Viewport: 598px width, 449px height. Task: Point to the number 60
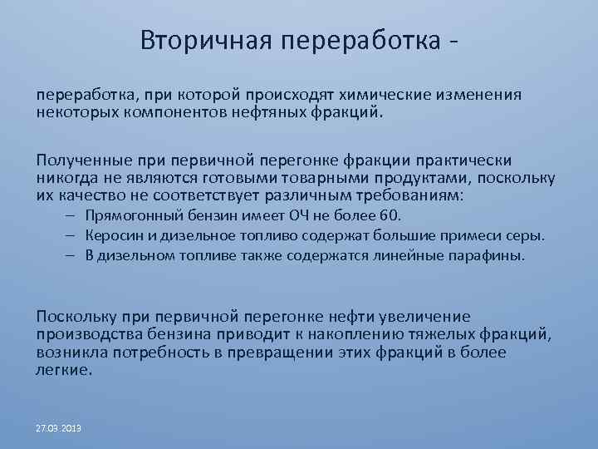(x=390, y=216)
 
